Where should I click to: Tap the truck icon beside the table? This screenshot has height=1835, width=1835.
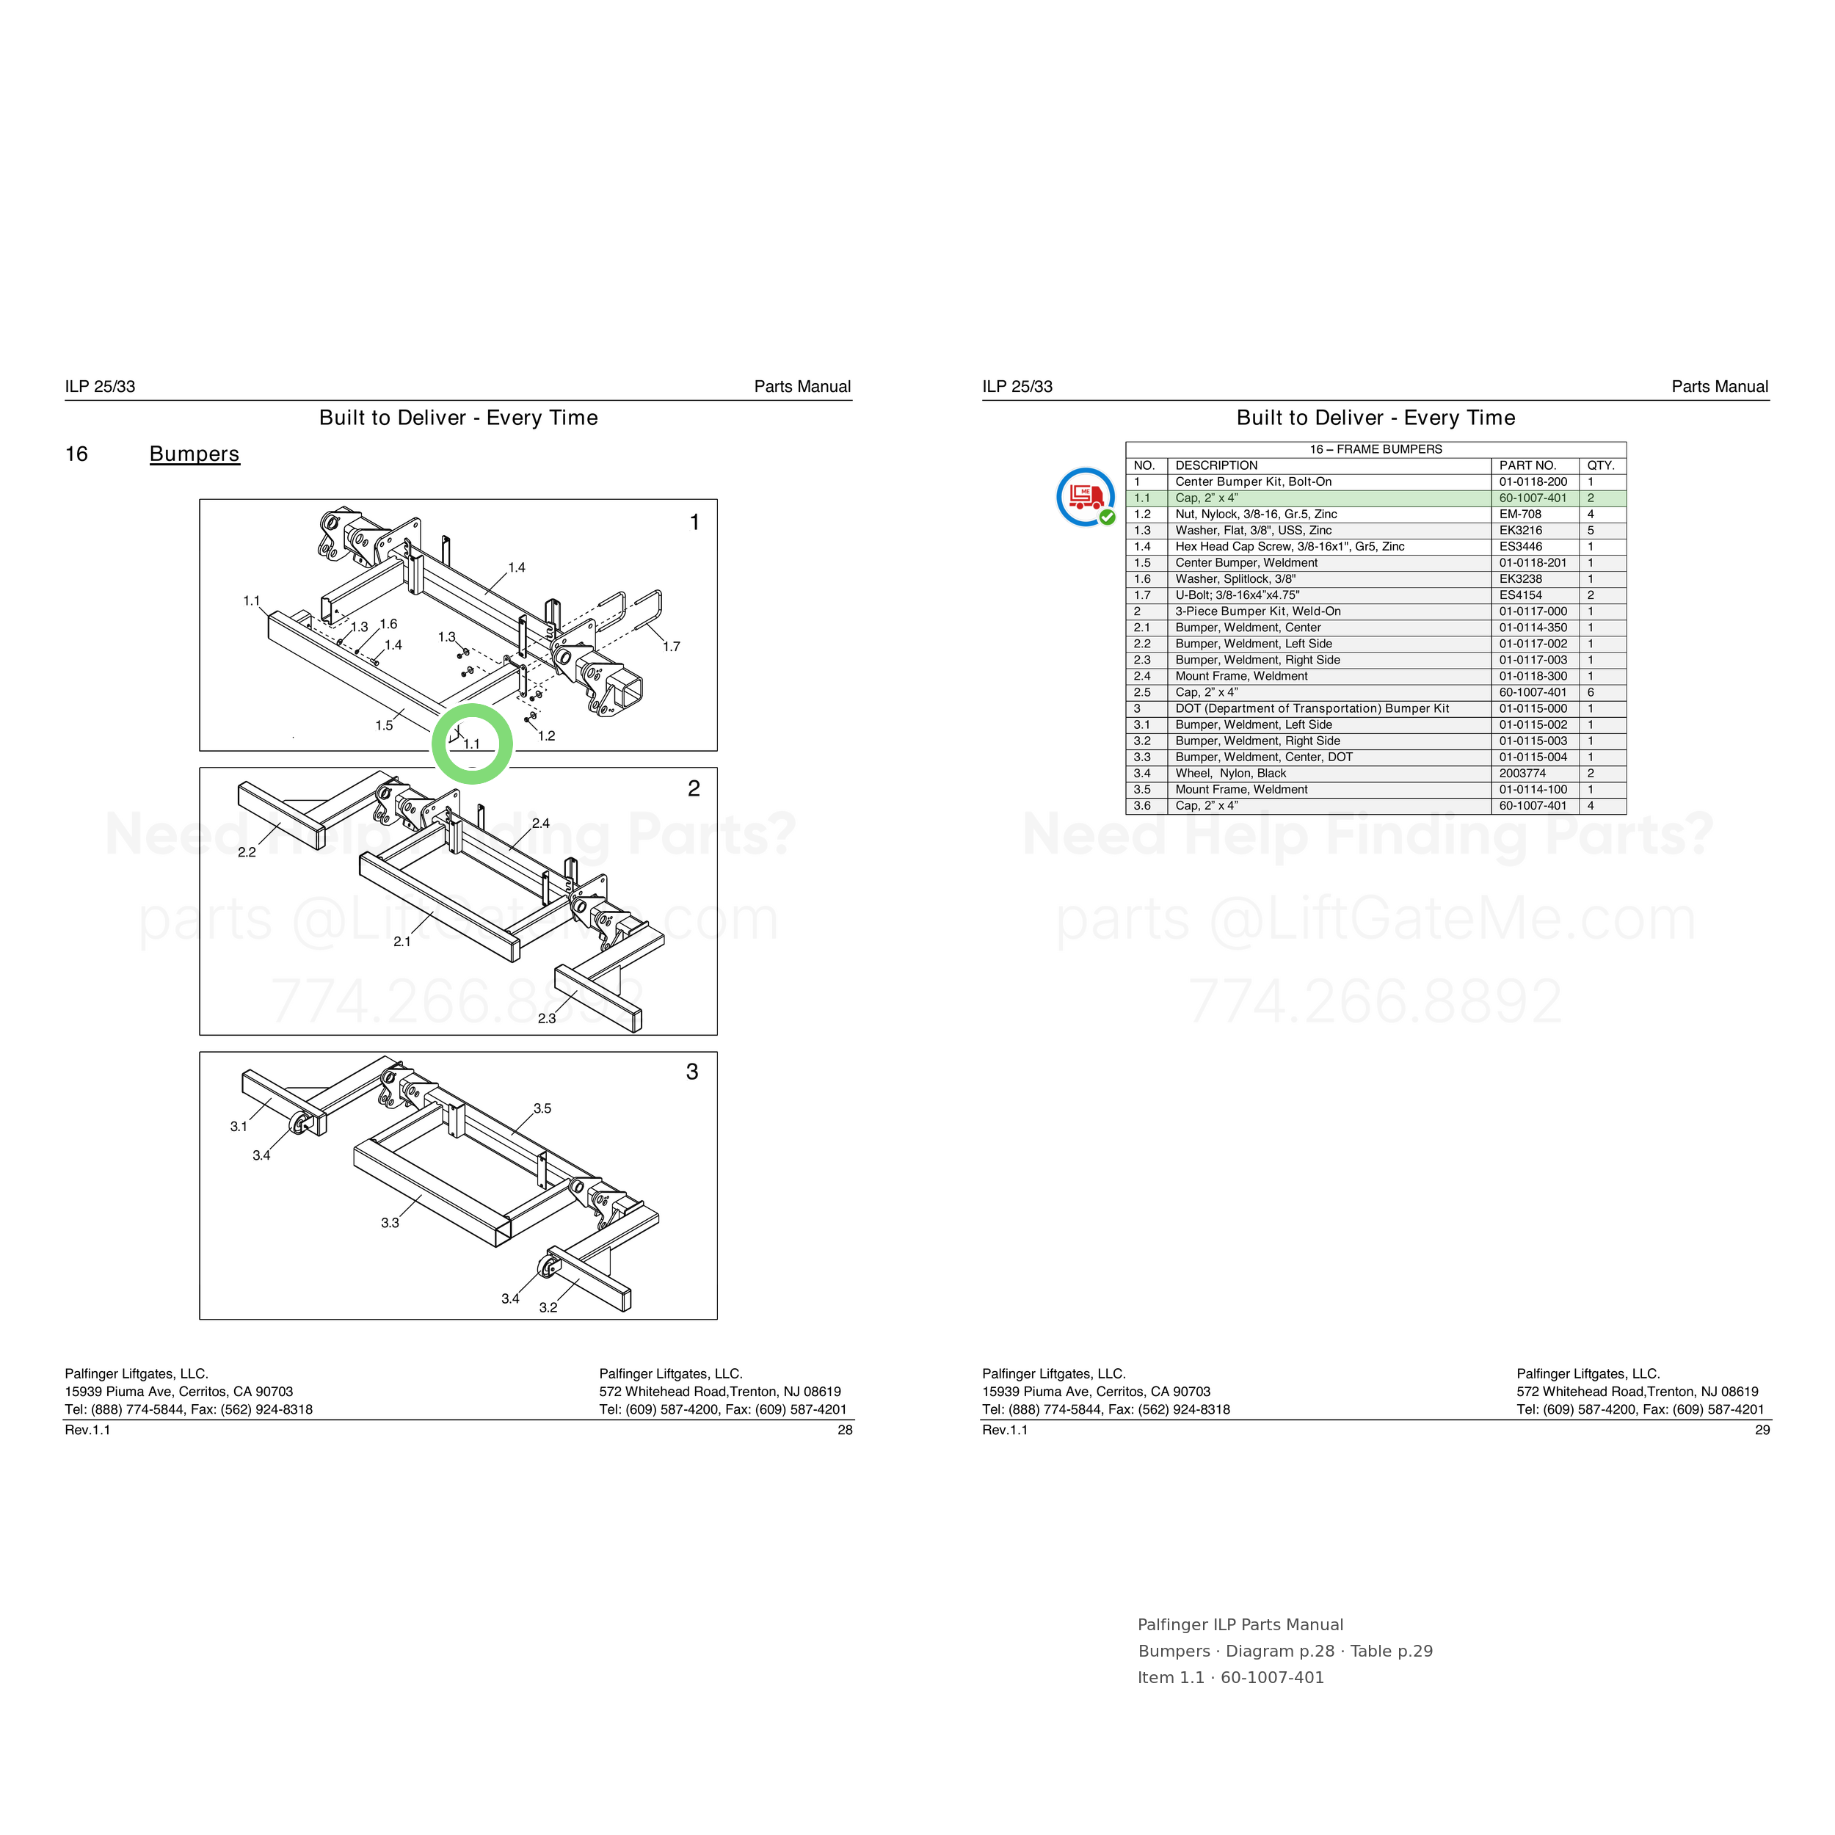pos(1086,497)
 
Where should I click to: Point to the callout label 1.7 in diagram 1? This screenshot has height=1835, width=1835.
pos(672,647)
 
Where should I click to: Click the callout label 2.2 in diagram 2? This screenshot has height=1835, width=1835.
pos(247,853)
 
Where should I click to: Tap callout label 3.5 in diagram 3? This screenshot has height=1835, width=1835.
pos(542,1108)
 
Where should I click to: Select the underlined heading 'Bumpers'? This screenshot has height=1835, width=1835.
pos(195,454)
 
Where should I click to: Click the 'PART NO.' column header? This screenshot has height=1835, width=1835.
pos(1527,465)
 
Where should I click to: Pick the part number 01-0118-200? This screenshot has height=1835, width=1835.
pos(1533,482)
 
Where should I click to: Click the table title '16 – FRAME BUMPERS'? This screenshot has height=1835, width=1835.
pos(1376,449)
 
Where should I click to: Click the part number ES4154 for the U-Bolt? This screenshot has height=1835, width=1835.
pos(1521,595)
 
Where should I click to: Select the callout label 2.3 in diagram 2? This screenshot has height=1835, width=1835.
pos(547,1018)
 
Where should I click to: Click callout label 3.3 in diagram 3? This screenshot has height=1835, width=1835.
pos(390,1222)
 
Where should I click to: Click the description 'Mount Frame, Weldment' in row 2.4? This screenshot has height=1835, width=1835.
pos(1241,676)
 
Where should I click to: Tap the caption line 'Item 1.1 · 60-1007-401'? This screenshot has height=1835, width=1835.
pos(1231,1677)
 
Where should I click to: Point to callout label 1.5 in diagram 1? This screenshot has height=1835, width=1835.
pos(384,726)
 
